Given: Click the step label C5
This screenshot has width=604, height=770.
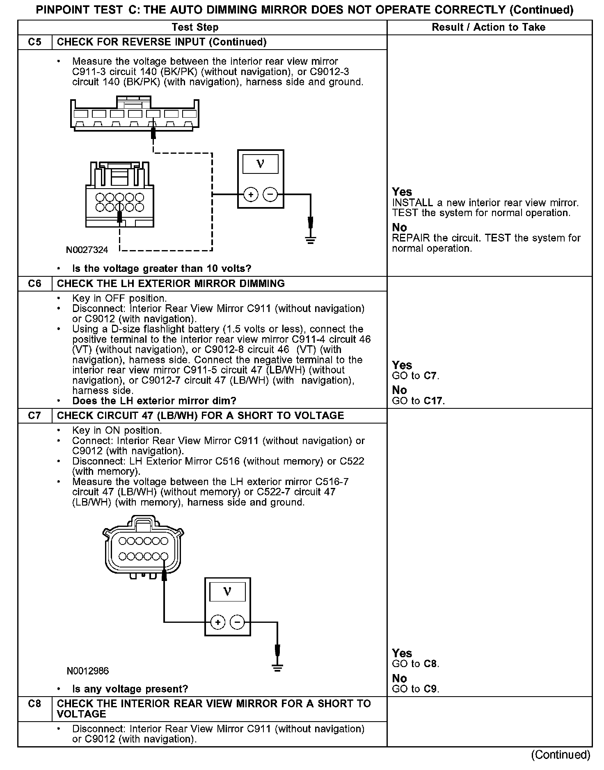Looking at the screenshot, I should click(x=35, y=42).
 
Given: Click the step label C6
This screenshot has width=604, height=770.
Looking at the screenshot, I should click(x=35, y=284).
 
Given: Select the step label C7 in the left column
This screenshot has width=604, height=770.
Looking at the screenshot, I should click(x=35, y=416).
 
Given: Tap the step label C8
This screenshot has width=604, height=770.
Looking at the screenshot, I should click(x=35, y=704).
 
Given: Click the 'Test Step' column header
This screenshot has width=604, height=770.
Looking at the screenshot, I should click(x=195, y=27).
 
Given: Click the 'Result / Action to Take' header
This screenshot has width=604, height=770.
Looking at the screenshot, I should click(x=489, y=27).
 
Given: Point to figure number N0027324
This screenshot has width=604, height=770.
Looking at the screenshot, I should click(x=87, y=250).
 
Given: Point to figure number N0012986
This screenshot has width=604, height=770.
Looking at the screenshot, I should click(x=88, y=671).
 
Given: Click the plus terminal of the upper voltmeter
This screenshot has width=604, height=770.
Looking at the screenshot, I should click(x=251, y=194).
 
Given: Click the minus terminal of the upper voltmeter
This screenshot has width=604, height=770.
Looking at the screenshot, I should click(x=270, y=194).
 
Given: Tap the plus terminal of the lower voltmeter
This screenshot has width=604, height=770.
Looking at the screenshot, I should click(x=217, y=623).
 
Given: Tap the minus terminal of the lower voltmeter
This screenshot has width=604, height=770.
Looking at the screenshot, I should click(x=237, y=623).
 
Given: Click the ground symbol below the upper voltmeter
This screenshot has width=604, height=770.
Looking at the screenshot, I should click(x=311, y=240).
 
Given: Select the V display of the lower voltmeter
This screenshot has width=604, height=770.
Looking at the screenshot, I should click(x=227, y=592).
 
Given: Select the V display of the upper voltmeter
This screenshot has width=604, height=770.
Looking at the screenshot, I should click(x=260, y=164).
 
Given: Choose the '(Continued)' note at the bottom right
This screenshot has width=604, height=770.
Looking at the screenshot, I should click(x=561, y=755).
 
